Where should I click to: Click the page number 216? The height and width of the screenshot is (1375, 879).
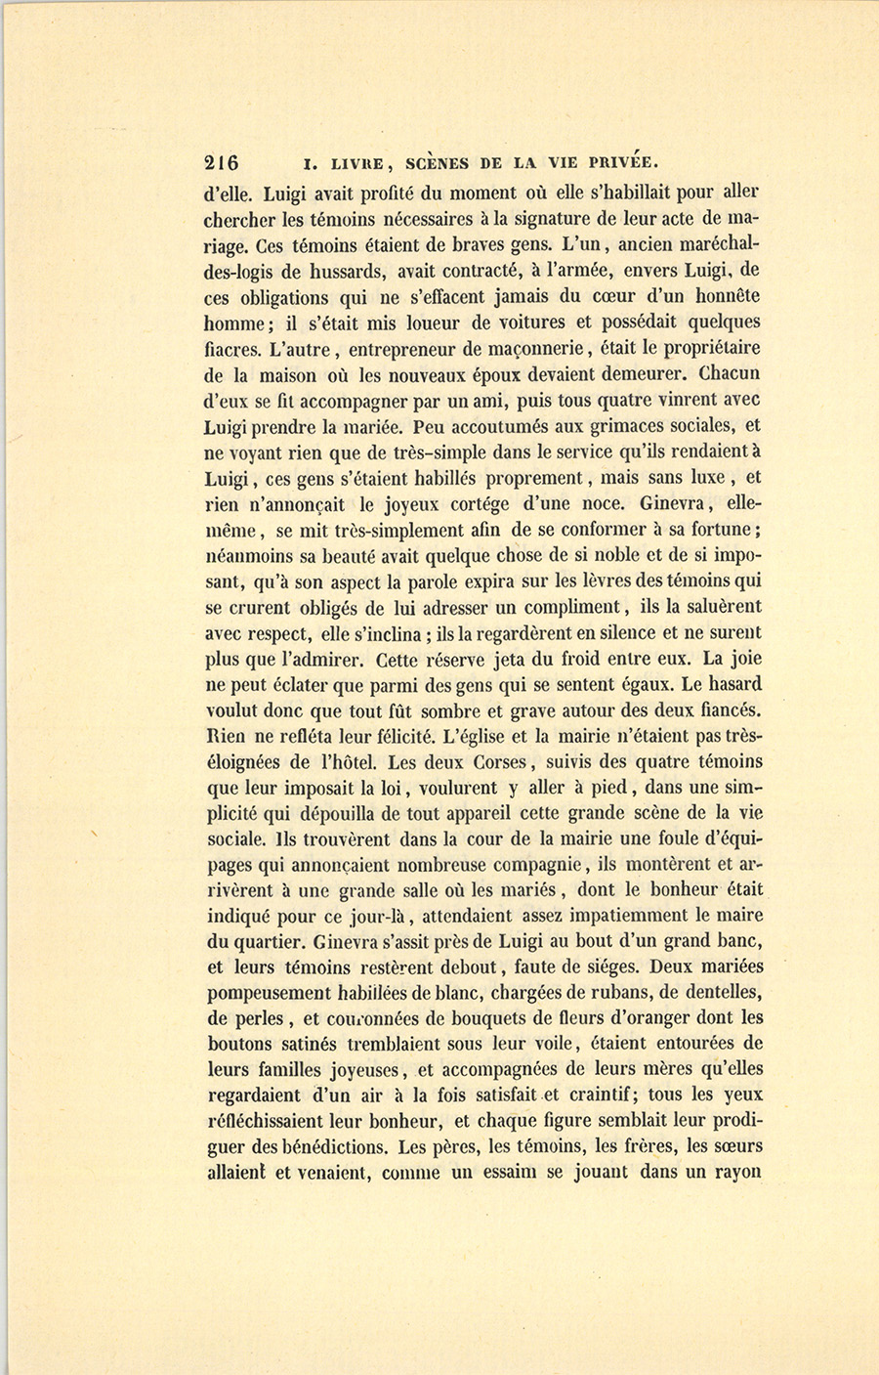click(x=223, y=162)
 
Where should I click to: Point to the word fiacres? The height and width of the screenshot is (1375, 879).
click(x=232, y=348)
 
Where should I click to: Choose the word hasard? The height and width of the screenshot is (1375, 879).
click(x=723, y=684)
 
